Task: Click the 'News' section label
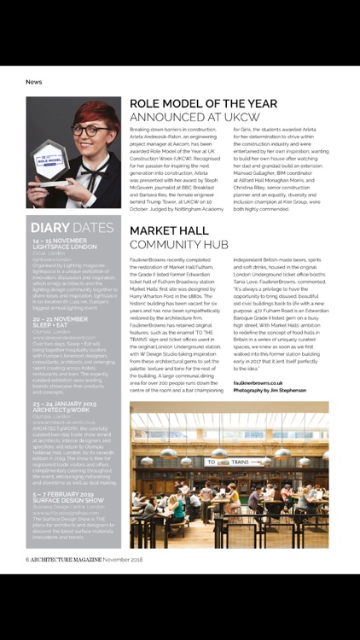[x=34, y=82]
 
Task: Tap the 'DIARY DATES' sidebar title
[x=72, y=228]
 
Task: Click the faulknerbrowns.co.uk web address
[x=262, y=384]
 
